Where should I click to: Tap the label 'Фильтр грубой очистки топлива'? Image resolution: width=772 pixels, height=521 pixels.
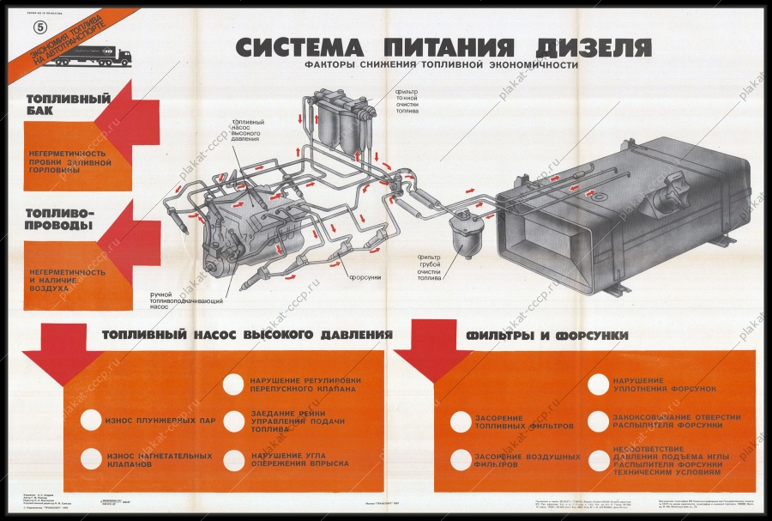429,267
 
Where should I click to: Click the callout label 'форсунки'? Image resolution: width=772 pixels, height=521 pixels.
364,277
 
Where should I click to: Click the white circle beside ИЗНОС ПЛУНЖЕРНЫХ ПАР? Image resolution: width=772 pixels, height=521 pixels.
90,421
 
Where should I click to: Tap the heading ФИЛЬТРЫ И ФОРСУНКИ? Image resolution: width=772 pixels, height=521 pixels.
547,335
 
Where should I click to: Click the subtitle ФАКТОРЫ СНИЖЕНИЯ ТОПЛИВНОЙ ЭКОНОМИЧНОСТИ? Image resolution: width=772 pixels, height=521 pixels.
440,64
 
